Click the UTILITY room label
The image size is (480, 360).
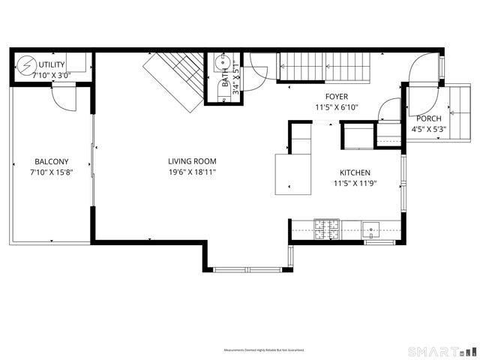(52, 65)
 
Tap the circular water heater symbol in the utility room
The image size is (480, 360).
(27, 66)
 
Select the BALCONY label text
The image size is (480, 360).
(52, 161)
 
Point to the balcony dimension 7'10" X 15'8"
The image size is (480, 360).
(52, 172)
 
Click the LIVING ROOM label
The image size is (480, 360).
(192, 161)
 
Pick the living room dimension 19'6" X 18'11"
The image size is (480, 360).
(192, 172)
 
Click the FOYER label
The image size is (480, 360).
(337, 97)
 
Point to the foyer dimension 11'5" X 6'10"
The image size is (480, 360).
(337, 107)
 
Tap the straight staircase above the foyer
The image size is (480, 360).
(326, 67)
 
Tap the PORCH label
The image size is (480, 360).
(429, 118)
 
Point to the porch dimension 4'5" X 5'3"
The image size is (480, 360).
(429, 129)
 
